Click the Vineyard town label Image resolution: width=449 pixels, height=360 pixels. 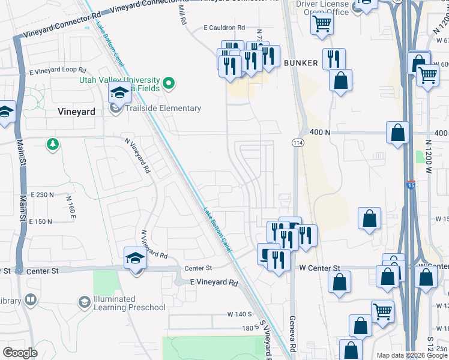coord(76,112)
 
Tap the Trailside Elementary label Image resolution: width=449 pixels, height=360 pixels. coord(163,108)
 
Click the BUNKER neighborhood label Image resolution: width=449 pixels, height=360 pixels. coord(300,62)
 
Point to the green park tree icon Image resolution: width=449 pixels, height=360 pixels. coord(53,144)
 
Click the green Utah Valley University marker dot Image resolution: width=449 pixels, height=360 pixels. coord(169,83)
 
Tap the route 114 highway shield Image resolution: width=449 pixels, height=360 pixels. coord(298,143)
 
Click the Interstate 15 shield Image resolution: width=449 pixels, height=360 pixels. coord(411,185)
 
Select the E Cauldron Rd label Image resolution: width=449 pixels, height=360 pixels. coord(224,28)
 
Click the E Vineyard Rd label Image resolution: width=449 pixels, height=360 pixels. coord(214,282)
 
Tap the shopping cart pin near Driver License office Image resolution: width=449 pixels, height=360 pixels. coord(322,25)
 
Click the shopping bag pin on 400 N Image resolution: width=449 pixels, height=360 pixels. coord(398,133)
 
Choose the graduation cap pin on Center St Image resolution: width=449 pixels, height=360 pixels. coord(135,258)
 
